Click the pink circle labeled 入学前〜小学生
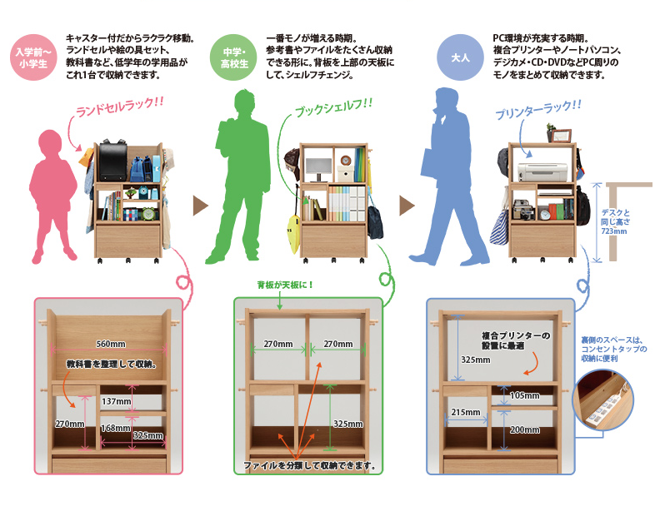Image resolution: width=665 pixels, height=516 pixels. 33,59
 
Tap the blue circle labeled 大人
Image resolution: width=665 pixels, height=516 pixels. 461,59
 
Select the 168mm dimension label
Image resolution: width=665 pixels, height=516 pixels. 114,428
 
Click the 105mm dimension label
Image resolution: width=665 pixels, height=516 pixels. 524,395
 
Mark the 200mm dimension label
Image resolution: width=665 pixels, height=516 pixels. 526,430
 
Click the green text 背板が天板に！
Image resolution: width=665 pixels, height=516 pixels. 286,285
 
